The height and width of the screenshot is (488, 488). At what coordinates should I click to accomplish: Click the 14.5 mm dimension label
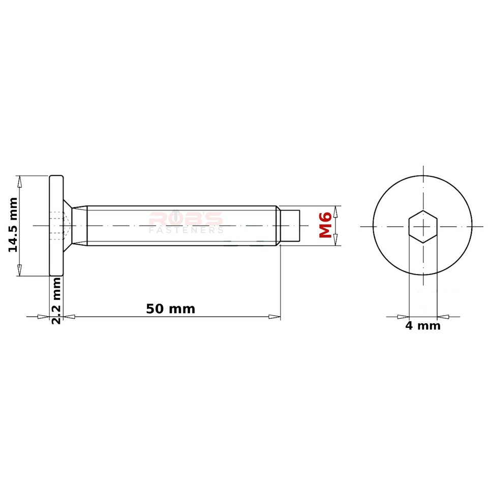tap(13, 225)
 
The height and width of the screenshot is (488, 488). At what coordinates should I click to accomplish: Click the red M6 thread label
tap(325, 226)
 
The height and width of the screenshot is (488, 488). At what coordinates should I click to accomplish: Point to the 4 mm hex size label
tap(422, 326)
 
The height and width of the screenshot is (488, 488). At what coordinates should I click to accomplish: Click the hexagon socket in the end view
tap(423, 226)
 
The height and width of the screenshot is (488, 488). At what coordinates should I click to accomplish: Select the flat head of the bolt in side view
tap(56, 226)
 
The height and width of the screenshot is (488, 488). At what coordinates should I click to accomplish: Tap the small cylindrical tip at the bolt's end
tap(291, 226)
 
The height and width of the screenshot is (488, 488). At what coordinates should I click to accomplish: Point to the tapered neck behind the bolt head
tap(78, 226)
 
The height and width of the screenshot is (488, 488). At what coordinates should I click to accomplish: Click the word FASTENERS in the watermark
tap(186, 231)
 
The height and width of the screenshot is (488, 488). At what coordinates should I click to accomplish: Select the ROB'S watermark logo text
tap(186, 220)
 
